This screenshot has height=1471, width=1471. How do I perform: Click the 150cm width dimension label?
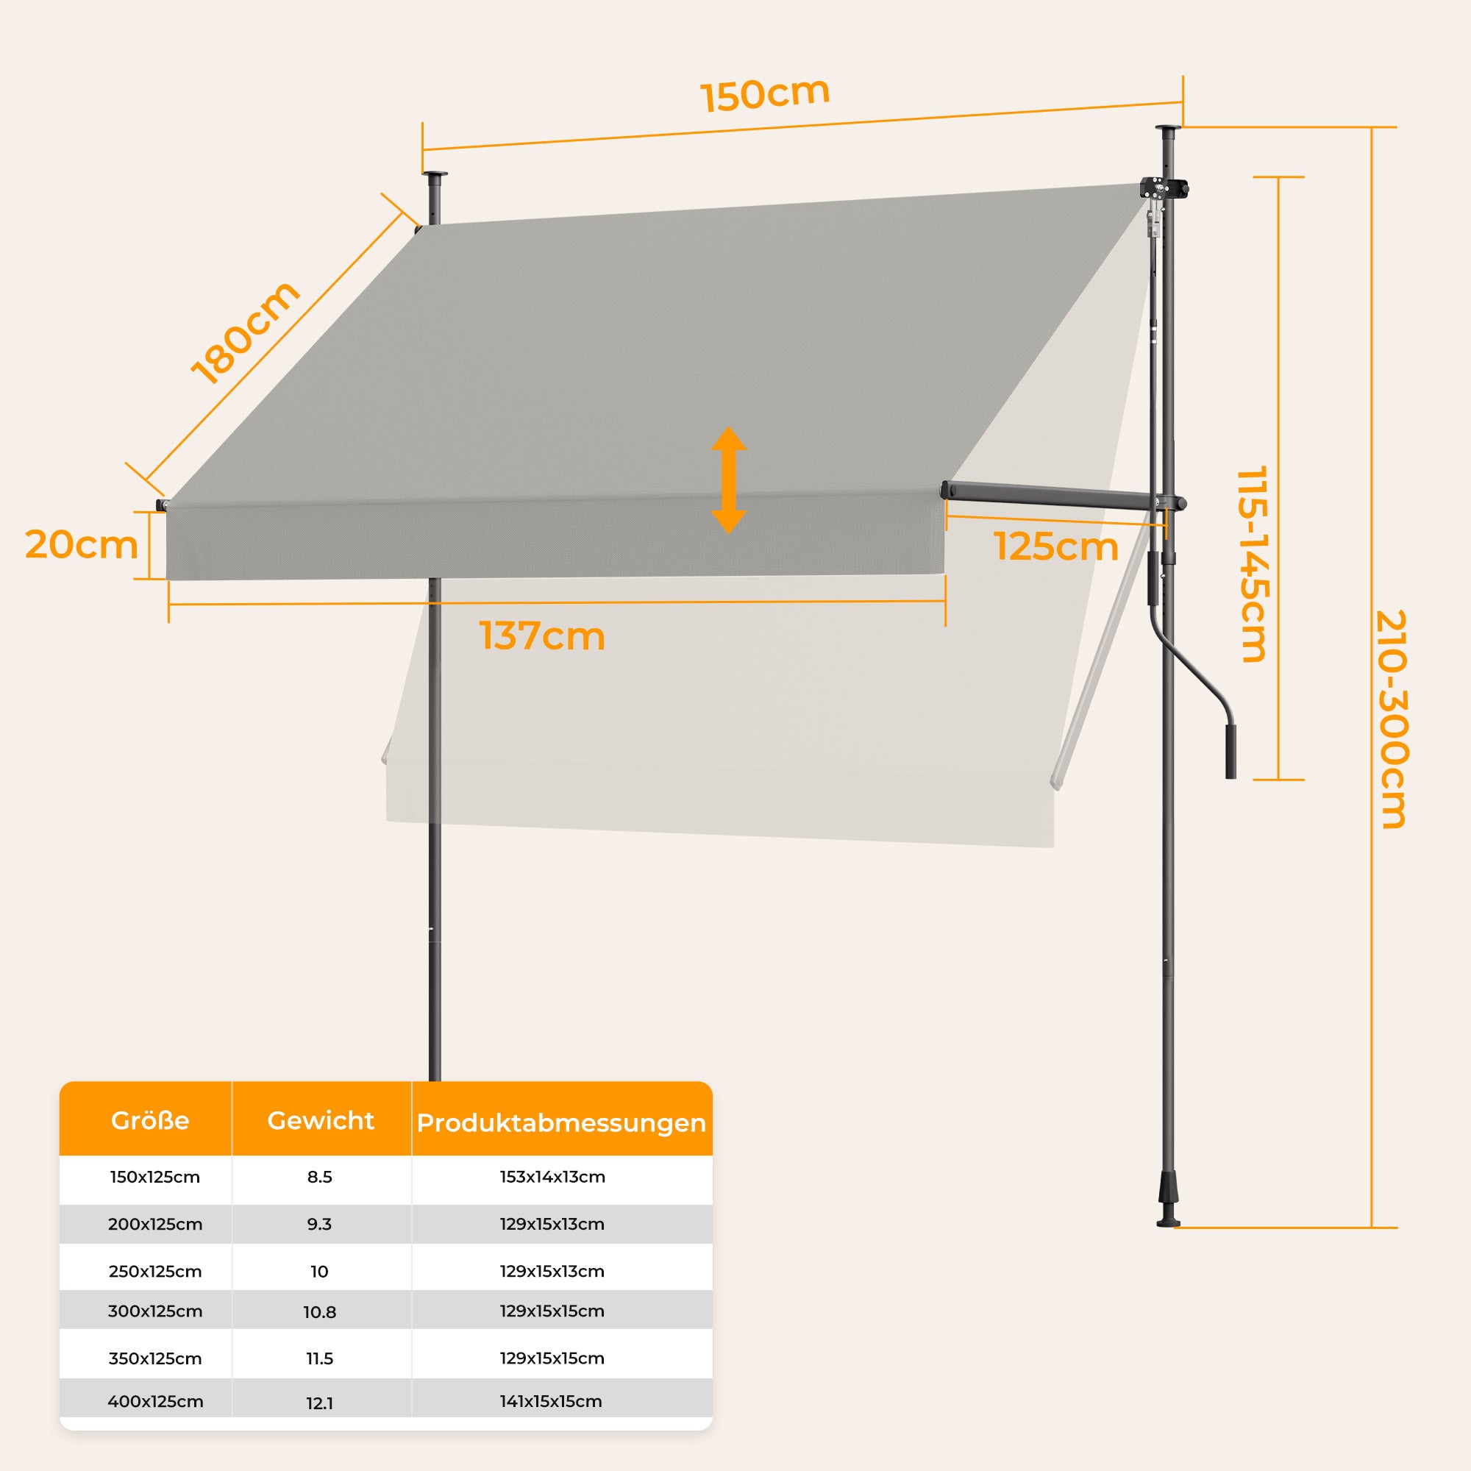[764, 94]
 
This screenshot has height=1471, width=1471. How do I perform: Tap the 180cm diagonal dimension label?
[245, 332]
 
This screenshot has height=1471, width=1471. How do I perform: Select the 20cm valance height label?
[82, 545]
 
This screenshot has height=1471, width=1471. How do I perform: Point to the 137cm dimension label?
[542, 635]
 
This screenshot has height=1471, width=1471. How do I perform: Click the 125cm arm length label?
[1056, 546]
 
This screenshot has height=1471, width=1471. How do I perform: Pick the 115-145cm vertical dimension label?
[1252, 564]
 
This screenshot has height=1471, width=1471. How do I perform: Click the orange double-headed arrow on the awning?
[729, 480]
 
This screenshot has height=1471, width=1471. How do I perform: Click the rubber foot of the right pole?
[1168, 1207]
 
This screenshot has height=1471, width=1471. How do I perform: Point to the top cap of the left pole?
[435, 177]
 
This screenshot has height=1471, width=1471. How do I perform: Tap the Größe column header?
[150, 1121]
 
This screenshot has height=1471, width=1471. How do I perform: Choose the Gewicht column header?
[321, 1121]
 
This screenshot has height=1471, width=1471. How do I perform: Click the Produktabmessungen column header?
[561, 1123]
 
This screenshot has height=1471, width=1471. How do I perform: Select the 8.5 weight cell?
[320, 1177]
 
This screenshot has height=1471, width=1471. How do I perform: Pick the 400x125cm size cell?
[155, 1402]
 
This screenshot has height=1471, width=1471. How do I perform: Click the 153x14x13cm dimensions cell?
[553, 1177]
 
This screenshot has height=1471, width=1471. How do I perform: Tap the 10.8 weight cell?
[320, 1312]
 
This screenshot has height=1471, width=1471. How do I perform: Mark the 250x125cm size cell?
[155, 1272]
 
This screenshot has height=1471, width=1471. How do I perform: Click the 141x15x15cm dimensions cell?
[551, 1402]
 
